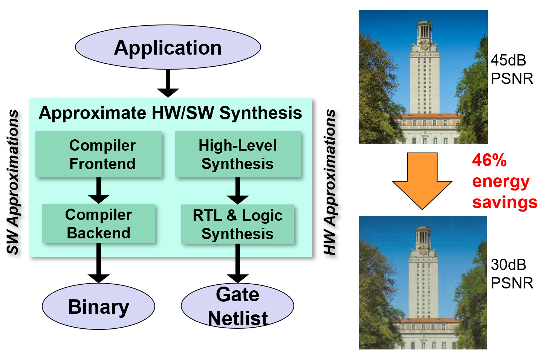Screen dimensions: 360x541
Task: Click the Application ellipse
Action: [168, 47]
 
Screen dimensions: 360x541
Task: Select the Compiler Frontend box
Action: [99, 154]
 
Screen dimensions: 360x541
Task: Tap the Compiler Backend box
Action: [98, 224]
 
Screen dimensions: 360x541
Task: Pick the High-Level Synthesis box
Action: [237, 154]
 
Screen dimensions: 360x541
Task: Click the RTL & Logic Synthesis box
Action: [237, 224]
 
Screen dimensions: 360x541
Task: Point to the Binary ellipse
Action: [98, 307]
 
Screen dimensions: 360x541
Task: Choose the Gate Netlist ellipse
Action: [237, 306]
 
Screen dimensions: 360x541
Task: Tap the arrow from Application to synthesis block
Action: [168, 83]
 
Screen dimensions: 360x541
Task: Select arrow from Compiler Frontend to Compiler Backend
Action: [99, 191]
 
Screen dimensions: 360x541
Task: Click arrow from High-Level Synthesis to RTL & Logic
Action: [237, 191]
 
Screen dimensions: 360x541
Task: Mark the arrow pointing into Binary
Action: [99, 263]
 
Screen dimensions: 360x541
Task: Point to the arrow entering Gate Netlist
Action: [237, 264]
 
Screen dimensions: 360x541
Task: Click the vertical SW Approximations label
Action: [13, 182]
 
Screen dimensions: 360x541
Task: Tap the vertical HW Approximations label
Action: [330, 182]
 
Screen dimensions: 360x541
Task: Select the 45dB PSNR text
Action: [512, 70]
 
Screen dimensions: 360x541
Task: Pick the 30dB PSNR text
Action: [512, 274]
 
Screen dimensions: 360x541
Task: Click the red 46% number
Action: [489, 160]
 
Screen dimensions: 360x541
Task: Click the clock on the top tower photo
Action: [425, 46]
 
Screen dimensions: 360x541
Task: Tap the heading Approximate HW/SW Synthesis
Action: [170, 113]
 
